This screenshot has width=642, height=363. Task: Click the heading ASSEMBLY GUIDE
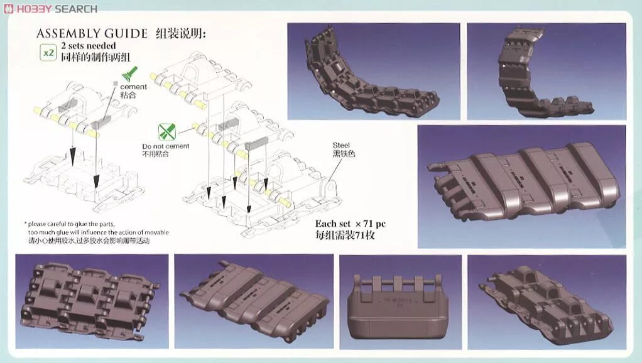point(92,34)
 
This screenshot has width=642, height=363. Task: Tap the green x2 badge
point(48,52)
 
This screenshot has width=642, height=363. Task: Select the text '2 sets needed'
point(89,46)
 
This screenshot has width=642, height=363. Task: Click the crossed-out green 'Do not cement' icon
point(166,133)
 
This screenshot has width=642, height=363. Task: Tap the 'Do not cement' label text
point(165,146)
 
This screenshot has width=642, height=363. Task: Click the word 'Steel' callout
point(342,145)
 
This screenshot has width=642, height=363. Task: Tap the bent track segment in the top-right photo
point(540,75)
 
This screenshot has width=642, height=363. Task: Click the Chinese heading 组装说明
point(181,34)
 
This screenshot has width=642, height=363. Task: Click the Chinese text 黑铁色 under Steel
point(344,154)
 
